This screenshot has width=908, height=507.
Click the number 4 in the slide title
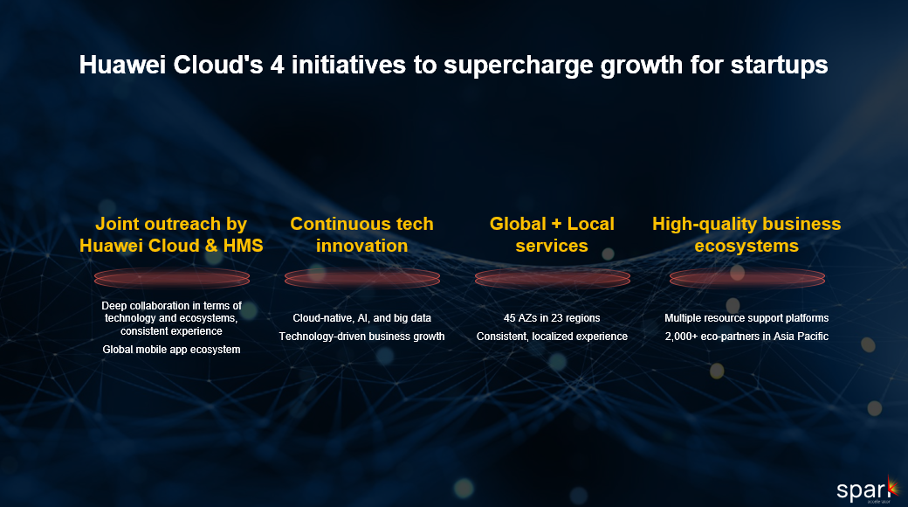point(278,65)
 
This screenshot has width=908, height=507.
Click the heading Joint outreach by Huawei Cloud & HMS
point(171,234)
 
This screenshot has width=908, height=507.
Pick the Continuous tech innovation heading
point(362,234)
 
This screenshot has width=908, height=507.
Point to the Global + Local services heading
point(552,234)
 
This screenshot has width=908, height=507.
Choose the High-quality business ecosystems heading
point(746,234)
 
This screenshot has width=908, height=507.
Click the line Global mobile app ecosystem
point(171,350)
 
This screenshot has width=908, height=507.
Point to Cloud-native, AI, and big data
point(362,318)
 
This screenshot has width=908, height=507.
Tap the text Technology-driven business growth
point(362,337)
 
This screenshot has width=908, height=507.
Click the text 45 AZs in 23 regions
point(552,318)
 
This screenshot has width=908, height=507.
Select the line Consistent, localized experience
point(552,337)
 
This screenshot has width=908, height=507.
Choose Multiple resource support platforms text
point(746,318)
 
